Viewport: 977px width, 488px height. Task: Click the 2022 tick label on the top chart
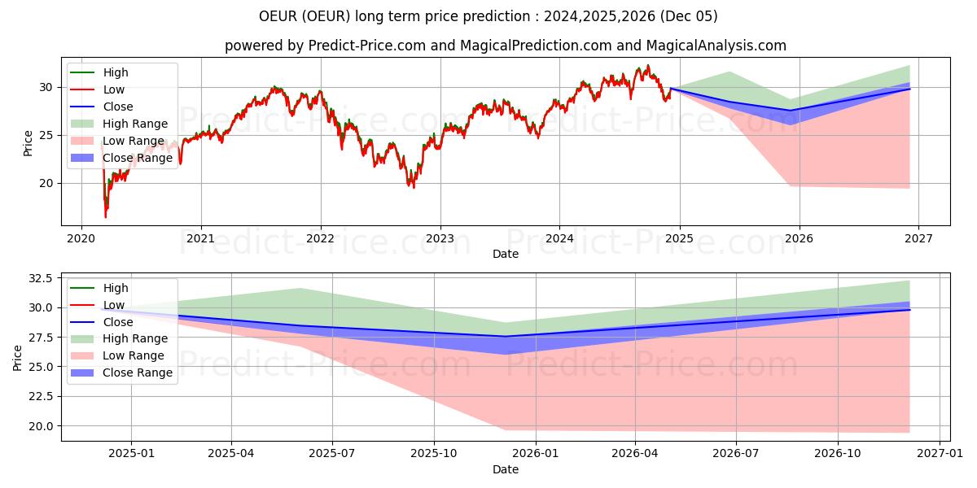click(320, 238)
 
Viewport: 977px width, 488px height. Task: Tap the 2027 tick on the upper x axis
click(918, 238)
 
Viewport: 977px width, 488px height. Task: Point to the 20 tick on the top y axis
click(47, 183)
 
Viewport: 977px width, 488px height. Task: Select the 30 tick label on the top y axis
click(47, 87)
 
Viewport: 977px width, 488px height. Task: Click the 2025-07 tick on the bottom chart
click(332, 454)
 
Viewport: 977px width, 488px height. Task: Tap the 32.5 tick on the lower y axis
click(41, 278)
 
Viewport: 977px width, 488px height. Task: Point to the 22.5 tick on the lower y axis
click(41, 396)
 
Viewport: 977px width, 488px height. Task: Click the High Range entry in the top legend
click(135, 124)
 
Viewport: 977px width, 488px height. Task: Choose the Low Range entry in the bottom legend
click(135, 355)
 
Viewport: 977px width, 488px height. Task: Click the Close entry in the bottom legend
click(118, 322)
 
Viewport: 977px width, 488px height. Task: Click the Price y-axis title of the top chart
click(28, 143)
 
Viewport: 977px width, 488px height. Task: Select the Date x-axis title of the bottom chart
click(506, 469)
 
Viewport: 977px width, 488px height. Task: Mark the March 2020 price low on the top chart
click(105, 216)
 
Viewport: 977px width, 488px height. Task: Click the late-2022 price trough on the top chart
click(413, 186)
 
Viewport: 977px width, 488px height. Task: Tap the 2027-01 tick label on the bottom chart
click(940, 454)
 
